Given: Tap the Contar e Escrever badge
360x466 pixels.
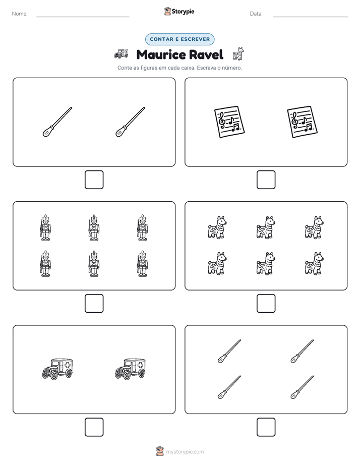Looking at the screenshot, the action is pyautogui.click(x=179, y=39).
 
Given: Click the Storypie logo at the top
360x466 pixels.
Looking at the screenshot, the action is pyautogui.click(x=179, y=11).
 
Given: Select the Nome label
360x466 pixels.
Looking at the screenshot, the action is pyautogui.click(x=20, y=14).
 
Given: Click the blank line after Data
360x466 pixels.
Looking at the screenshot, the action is pyautogui.click(x=311, y=17).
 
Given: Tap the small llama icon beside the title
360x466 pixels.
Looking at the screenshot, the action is pyautogui.click(x=238, y=54).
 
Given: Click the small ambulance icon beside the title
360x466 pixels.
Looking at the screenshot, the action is pyautogui.click(x=121, y=53).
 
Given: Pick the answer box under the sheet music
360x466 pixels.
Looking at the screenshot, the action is pyautogui.click(x=266, y=180).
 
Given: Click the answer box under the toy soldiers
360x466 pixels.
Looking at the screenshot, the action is pyautogui.click(x=94, y=303).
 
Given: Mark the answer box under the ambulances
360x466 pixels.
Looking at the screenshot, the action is pyautogui.click(x=94, y=427).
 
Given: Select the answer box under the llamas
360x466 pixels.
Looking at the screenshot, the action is pyautogui.click(x=266, y=303).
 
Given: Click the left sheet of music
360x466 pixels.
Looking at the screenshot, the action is pyautogui.click(x=229, y=122).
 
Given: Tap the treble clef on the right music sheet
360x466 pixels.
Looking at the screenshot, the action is pyautogui.click(x=294, y=120).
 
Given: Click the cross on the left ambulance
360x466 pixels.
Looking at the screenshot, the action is pyautogui.click(x=68, y=365).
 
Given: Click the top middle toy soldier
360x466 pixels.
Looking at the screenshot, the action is pyautogui.click(x=94, y=227).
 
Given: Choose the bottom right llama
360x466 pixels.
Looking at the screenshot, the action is pyautogui.click(x=314, y=263).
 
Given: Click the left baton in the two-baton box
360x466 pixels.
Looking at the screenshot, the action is pyautogui.click(x=57, y=122).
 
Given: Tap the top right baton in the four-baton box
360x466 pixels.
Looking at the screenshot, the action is pyautogui.click(x=302, y=352).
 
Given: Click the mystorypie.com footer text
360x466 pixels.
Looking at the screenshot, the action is pyautogui.click(x=185, y=452).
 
